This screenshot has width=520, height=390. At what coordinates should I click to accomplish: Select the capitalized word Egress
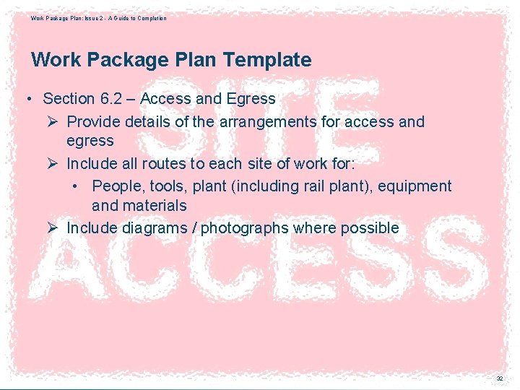pyautogui.click(x=250, y=99)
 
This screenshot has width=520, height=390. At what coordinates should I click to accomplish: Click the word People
pyautogui.click(x=118, y=186)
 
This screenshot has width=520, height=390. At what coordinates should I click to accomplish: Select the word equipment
pyautogui.click(x=413, y=186)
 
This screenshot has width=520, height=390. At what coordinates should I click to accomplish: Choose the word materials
pyautogui.click(x=154, y=206)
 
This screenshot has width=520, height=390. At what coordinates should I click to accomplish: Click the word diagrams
pyautogui.click(x=158, y=228)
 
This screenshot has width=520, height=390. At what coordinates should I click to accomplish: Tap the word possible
pyautogui.click(x=370, y=228)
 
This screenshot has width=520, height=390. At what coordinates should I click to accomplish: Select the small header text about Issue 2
pyautogui.click(x=98, y=18)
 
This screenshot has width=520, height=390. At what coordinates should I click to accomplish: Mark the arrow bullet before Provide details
pyautogui.click(x=52, y=122)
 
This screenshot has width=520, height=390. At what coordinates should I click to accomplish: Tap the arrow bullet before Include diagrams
pyautogui.click(x=52, y=228)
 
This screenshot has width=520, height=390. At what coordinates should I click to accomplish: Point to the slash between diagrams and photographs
pyautogui.click(x=195, y=228)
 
